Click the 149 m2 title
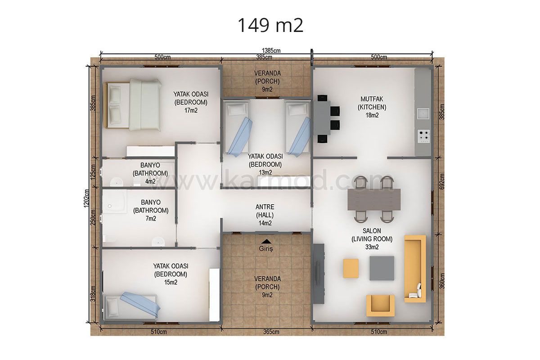pyautogui.click(x=270, y=25)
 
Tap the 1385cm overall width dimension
pyautogui.click(x=271, y=50)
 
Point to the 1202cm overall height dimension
pyautogui.click(x=87, y=198)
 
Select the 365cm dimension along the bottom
pyautogui.click(x=271, y=332)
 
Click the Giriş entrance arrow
pyautogui.click(x=266, y=241)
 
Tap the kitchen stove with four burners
pyautogui.click(x=423, y=135)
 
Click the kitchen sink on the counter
pyautogui.click(x=423, y=113)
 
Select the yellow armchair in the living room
pyautogui.click(x=380, y=306)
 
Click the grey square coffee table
pyautogui.click(x=382, y=268)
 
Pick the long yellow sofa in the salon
pyautogui.click(x=415, y=269)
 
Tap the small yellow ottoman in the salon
pyautogui.click(x=351, y=268)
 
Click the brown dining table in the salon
pyautogui.click(x=374, y=199)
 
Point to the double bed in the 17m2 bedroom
pyautogui.click(x=133, y=105)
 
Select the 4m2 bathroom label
pyautogui.click(x=150, y=173)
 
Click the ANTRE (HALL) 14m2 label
pyautogui.click(x=265, y=215)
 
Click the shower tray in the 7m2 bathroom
pyautogui.click(x=115, y=202)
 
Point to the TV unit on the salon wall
pyautogui.click(x=319, y=274)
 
